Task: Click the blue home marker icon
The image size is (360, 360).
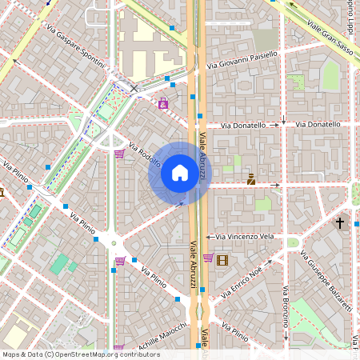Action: click(x=180, y=173)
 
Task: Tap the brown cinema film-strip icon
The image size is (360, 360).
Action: click(x=222, y=259)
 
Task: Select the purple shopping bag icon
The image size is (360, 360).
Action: click(x=163, y=103)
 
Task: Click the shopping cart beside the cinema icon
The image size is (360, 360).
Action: click(x=208, y=258)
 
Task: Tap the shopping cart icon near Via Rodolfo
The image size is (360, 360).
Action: click(x=118, y=154)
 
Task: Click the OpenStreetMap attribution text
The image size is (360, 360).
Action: click(x=81, y=354)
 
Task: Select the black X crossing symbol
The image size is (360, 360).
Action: click(x=134, y=88)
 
